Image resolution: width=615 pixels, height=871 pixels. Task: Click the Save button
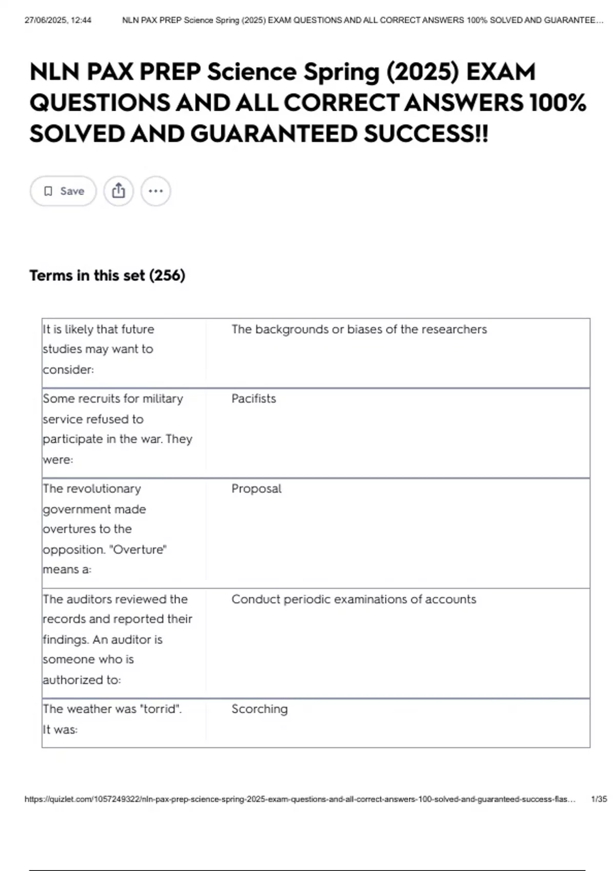(x=63, y=191)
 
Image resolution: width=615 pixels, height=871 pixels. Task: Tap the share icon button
(x=118, y=191)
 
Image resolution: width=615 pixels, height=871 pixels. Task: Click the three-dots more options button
(x=155, y=191)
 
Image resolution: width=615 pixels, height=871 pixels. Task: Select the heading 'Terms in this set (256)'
(x=107, y=276)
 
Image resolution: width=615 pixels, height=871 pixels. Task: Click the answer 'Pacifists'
(x=254, y=399)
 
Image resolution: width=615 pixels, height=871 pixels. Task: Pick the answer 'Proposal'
(x=256, y=489)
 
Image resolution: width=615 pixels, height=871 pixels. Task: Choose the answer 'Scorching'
(x=259, y=709)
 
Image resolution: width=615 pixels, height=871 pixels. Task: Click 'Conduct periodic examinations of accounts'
(x=354, y=599)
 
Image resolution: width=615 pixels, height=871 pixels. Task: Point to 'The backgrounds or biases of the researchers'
(x=359, y=329)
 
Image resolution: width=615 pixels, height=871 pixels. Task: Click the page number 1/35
(x=599, y=799)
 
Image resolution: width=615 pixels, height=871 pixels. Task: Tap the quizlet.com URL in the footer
(x=300, y=799)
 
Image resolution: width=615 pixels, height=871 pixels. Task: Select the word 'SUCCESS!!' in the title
(x=426, y=134)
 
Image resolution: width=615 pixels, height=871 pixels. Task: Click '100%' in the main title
(x=558, y=103)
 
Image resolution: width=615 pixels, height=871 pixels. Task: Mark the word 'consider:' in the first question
(x=68, y=370)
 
